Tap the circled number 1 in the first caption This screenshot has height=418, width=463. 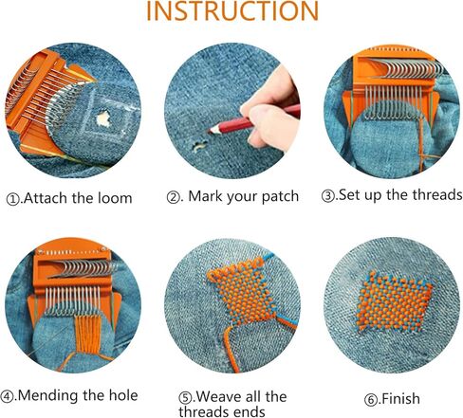click(13, 199)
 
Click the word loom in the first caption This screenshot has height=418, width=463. click(112, 199)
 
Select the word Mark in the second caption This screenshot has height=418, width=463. click(208, 197)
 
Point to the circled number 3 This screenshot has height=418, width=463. click(327, 196)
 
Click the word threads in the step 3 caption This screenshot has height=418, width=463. click(432, 195)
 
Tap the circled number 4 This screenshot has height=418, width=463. click(9, 395)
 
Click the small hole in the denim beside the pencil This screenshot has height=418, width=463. click(201, 146)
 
